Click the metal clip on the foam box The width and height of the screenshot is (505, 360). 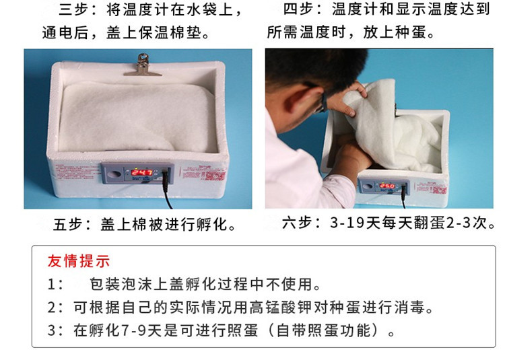[142, 65]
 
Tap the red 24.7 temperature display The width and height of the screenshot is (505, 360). [141, 172]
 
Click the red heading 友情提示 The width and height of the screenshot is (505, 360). [79, 261]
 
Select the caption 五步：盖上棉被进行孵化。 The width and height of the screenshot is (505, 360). [145, 224]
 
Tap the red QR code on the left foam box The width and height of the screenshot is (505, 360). [215, 176]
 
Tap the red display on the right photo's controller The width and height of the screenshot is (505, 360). [387, 186]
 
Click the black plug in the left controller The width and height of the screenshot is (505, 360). [166, 176]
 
